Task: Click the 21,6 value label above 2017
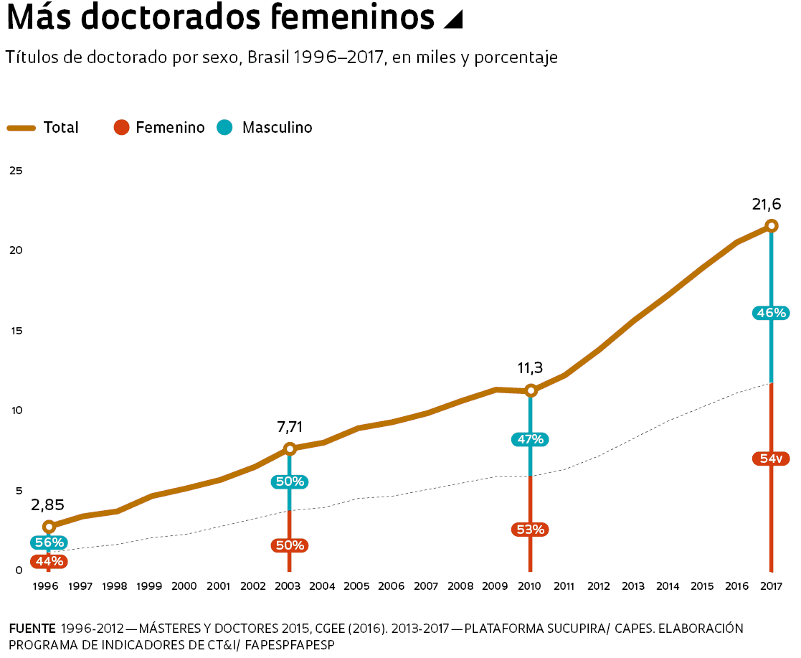(766, 205)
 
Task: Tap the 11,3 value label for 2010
(530, 369)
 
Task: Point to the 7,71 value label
(290, 428)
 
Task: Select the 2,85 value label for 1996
(47, 505)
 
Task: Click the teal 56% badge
(49, 542)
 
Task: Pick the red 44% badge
(49, 561)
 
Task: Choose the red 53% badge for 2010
(530, 530)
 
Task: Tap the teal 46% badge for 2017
(771, 313)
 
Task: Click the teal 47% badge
(530, 440)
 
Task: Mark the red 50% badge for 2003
(290, 545)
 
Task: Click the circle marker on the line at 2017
(771, 226)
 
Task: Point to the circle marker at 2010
(531, 391)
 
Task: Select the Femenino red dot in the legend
(121, 128)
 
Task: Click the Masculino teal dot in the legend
(225, 128)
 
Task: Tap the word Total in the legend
(61, 128)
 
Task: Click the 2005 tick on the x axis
(356, 586)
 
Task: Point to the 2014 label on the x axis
(668, 586)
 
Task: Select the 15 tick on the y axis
(16, 331)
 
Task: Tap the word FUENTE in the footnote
(32, 629)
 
